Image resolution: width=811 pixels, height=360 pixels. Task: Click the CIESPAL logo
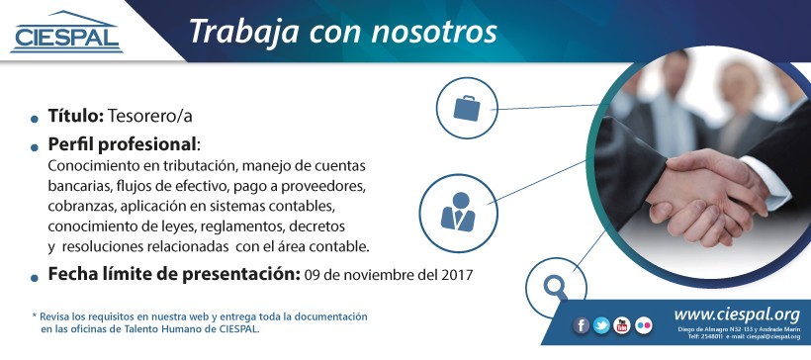click(66, 32)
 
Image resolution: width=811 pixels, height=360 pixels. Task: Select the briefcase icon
click(467, 109)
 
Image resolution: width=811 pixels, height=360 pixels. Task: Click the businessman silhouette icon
click(458, 212)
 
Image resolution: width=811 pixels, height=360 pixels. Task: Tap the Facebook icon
click(582, 325)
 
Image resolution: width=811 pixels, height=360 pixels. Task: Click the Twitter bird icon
click(601, 325)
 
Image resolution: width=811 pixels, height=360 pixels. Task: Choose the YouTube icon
click(622, 325)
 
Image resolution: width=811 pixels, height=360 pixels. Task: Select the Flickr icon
click(644, 325)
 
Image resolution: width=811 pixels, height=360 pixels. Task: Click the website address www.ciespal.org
click(737, 314)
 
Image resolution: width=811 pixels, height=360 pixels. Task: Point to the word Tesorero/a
click(150, 117)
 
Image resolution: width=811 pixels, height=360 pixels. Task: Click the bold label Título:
click(76, 116)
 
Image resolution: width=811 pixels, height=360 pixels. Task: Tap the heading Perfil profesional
click(122, 145)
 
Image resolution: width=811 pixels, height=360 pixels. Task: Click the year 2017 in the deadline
click(457, 276)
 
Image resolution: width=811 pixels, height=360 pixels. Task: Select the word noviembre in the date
click(383, 276)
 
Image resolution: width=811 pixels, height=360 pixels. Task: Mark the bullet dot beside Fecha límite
click(35, 278)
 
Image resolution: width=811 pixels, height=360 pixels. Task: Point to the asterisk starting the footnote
click(35, 315)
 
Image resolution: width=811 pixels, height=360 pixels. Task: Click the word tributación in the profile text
click(194, 167)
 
